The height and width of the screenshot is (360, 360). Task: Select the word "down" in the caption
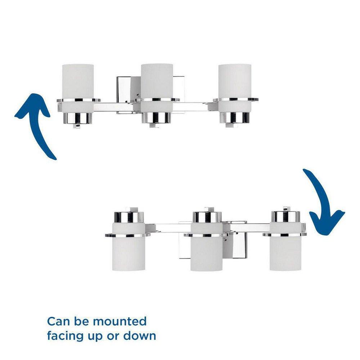(x=140, y=336)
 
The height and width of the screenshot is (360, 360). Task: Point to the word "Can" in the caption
(x=58, y=321)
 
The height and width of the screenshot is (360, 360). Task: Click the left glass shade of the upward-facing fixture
(x=78, y=89)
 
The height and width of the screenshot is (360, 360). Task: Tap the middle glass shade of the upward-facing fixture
(x=157, y=89)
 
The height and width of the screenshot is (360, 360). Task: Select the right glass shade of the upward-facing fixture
(x=235, y=89)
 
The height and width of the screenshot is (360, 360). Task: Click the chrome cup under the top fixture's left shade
(x=78, y=118)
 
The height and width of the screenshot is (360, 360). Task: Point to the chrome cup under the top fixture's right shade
(x=235, y=118)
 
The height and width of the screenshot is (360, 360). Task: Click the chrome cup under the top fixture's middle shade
(x=157, y=118)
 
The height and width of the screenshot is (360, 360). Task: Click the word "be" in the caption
(x=81, y=321)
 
